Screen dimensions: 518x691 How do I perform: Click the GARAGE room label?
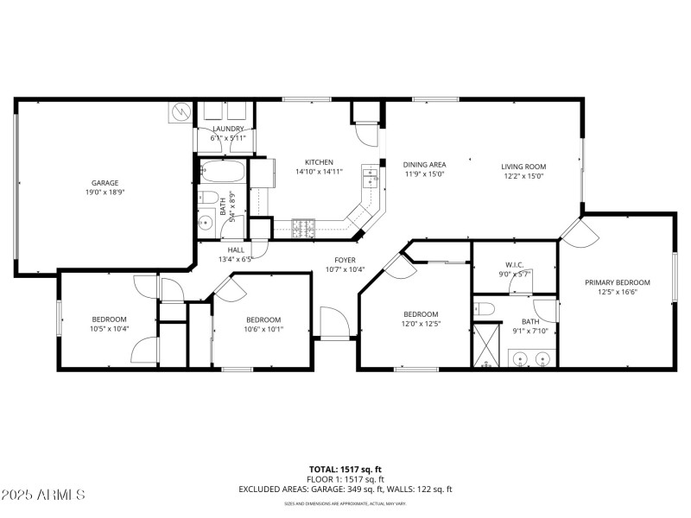point(105,183)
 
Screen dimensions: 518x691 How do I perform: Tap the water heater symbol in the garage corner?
point(181,112)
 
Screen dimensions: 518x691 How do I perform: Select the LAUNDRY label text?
point(228,129)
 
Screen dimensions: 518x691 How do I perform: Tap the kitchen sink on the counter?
point(371,177)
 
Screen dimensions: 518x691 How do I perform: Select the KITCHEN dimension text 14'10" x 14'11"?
point(319,172)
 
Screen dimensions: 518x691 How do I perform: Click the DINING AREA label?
point(424,164)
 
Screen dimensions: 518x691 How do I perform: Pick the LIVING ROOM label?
point(524,167)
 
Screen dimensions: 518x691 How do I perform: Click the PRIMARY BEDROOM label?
point(617,282)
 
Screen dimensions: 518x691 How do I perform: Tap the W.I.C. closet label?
point(515,264)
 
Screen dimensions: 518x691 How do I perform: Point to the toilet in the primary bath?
point(485,308)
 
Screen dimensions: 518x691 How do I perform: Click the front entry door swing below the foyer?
point(334,323)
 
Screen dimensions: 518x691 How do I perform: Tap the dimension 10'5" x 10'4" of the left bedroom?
point(110,328)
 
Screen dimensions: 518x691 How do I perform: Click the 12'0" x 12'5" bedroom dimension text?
point(421,324)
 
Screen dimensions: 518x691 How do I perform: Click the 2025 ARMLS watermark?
point(43,495)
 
